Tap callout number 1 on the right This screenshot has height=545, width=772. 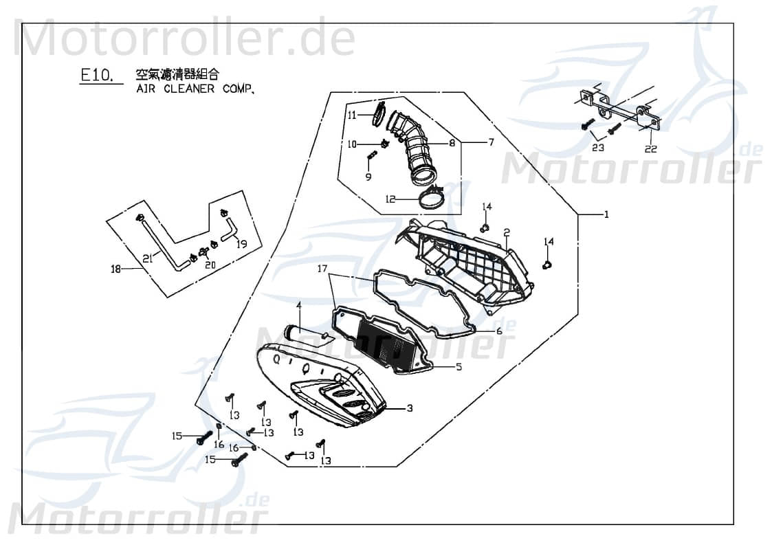(x=606, y=215)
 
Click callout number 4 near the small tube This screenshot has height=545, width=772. (x=299, y=304)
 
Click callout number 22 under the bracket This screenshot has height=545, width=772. (x=650, y=149)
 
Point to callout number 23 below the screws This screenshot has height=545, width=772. (x=597, y=148)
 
